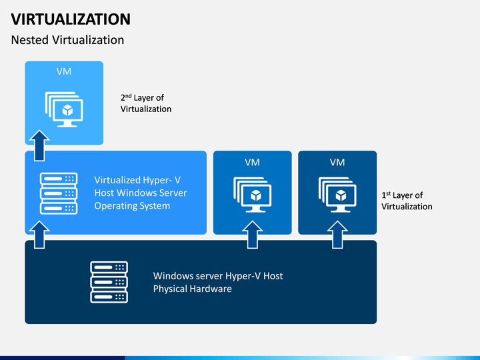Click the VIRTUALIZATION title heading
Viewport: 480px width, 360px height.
pos(71,19)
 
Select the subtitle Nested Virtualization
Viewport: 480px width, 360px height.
pos(67,40)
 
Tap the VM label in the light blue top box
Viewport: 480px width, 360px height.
pos(64,71)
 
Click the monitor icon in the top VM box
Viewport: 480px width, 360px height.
pos(64,109)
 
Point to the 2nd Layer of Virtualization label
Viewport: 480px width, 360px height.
pos(146,103)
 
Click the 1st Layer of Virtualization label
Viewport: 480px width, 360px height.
pos(407,201)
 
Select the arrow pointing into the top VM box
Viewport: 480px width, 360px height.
pos(39,146)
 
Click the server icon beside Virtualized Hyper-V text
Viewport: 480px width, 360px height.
pos(59,193)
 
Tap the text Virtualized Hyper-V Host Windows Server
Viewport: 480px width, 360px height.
pos(141,187)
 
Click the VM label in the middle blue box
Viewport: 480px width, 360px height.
pos(252,162)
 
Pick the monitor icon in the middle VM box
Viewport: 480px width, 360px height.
pos(252,195)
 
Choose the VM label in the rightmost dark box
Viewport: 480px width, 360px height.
pos(337,162)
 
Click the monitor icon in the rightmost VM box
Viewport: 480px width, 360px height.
pos(337,195)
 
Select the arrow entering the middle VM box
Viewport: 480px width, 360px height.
pos(253,235)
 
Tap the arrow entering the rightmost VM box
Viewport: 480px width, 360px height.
pos(337,235)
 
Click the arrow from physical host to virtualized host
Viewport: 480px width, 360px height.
pos(39,235)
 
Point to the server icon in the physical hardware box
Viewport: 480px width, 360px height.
pos(109,282)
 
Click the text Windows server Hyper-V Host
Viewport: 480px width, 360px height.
pos(218,276)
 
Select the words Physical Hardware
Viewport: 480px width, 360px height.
pos(193,289)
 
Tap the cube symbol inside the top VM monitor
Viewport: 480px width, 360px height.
pos(67,110)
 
